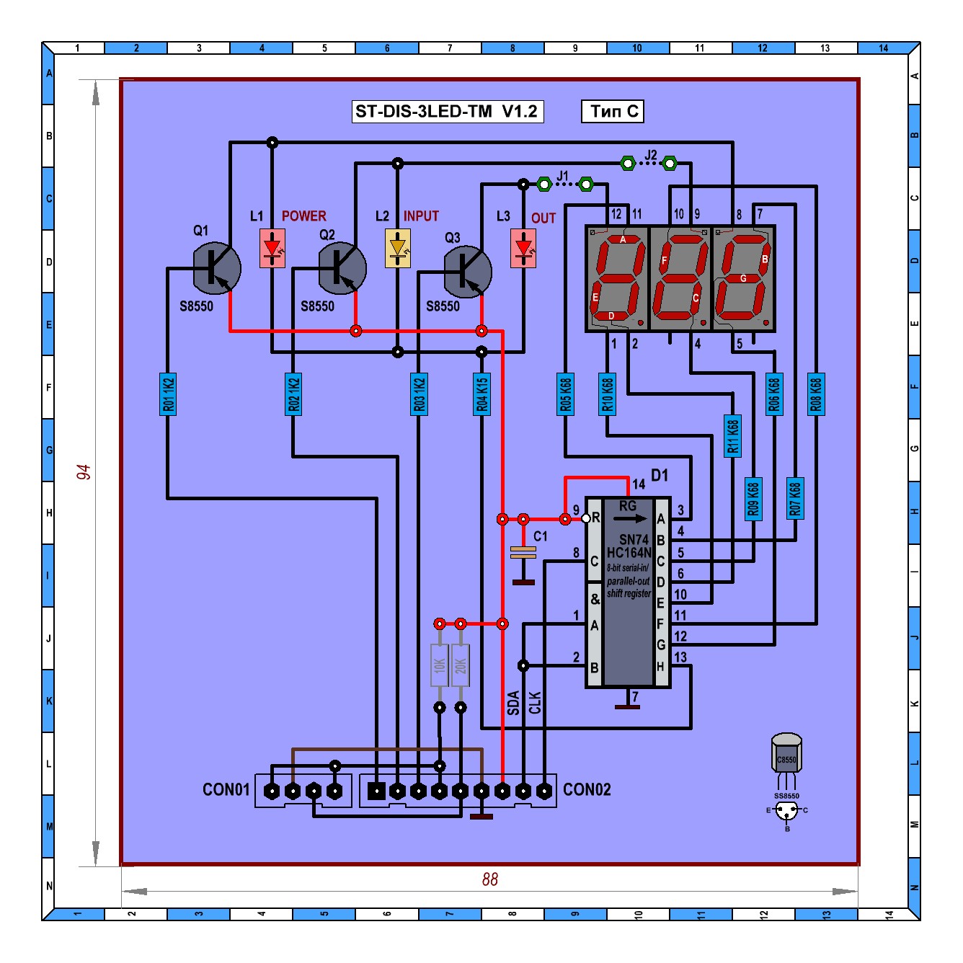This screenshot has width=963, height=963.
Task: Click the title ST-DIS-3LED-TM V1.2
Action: (447, 112)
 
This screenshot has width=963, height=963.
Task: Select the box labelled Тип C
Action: (613, 112)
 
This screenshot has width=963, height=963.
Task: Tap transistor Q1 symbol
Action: (216, 268)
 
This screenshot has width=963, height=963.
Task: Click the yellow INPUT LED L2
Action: (397, 248)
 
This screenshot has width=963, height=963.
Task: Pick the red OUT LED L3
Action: (523, 248)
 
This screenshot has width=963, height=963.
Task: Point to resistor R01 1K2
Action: (168, 394)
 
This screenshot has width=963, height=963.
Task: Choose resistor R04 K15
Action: (481, 394)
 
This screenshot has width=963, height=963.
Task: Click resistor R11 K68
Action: (732, 436)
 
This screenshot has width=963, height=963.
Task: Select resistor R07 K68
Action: (795, 498)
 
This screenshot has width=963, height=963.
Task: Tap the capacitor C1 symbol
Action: (523, 553)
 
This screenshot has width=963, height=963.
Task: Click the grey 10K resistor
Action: (440, 665)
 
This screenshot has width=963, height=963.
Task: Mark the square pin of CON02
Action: (376, 791)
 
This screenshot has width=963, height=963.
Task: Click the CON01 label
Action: (226, 790)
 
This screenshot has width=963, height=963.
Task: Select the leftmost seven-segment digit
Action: (618, 278)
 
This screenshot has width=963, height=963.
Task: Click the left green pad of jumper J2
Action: (628, 164)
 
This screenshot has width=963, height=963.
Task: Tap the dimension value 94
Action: (84, 472)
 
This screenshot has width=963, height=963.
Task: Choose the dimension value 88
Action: (490, 879)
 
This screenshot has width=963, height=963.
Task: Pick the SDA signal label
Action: (513, 702)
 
